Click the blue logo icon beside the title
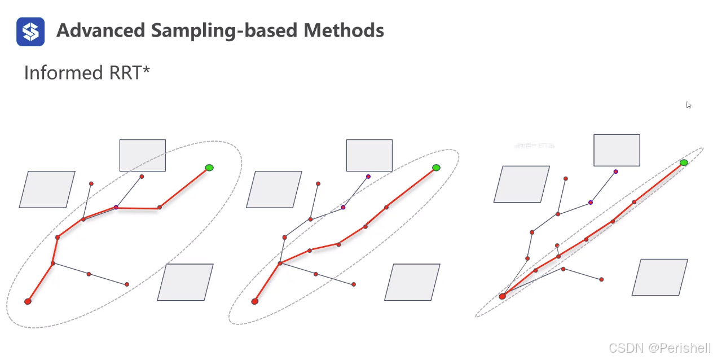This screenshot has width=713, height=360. (30, 31)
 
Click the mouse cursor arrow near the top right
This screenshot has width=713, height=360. (688, 105)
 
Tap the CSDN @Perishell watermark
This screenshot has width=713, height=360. (660, 348)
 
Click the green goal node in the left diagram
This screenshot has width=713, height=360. (209, 168)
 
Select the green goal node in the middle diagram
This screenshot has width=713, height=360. (436, 168)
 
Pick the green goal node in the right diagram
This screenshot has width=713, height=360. (684, 163)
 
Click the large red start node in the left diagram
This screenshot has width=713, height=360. (28, 301)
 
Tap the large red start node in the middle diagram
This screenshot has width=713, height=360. (255, 301)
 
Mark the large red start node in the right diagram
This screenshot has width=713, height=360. (503, 296)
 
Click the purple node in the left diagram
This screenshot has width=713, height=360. (116, 208)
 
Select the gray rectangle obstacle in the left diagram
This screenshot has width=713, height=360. (143, 155)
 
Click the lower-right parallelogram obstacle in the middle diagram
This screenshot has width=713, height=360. (412, 282)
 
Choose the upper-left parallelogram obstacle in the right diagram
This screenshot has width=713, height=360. (521, 184)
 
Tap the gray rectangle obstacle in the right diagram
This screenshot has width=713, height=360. (617, 150)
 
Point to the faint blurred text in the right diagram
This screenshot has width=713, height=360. (534, 146)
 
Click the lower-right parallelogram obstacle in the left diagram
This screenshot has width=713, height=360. (185, 282)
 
